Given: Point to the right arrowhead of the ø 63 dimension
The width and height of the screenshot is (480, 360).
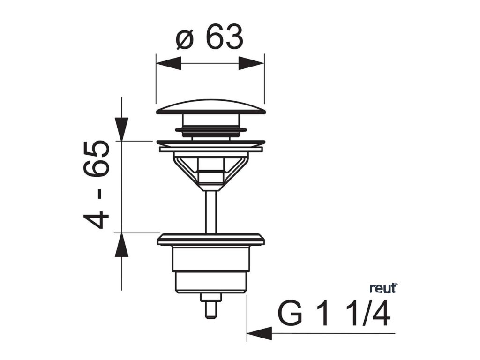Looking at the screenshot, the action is [252, 63].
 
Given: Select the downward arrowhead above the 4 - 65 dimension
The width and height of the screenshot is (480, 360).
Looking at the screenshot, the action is [121, 128].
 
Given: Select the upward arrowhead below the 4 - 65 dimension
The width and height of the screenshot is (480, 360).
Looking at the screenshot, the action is [121, 245].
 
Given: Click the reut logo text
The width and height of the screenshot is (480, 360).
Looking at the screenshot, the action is [382, 288].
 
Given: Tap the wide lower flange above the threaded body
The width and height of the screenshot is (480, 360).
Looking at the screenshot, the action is [210, 239].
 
